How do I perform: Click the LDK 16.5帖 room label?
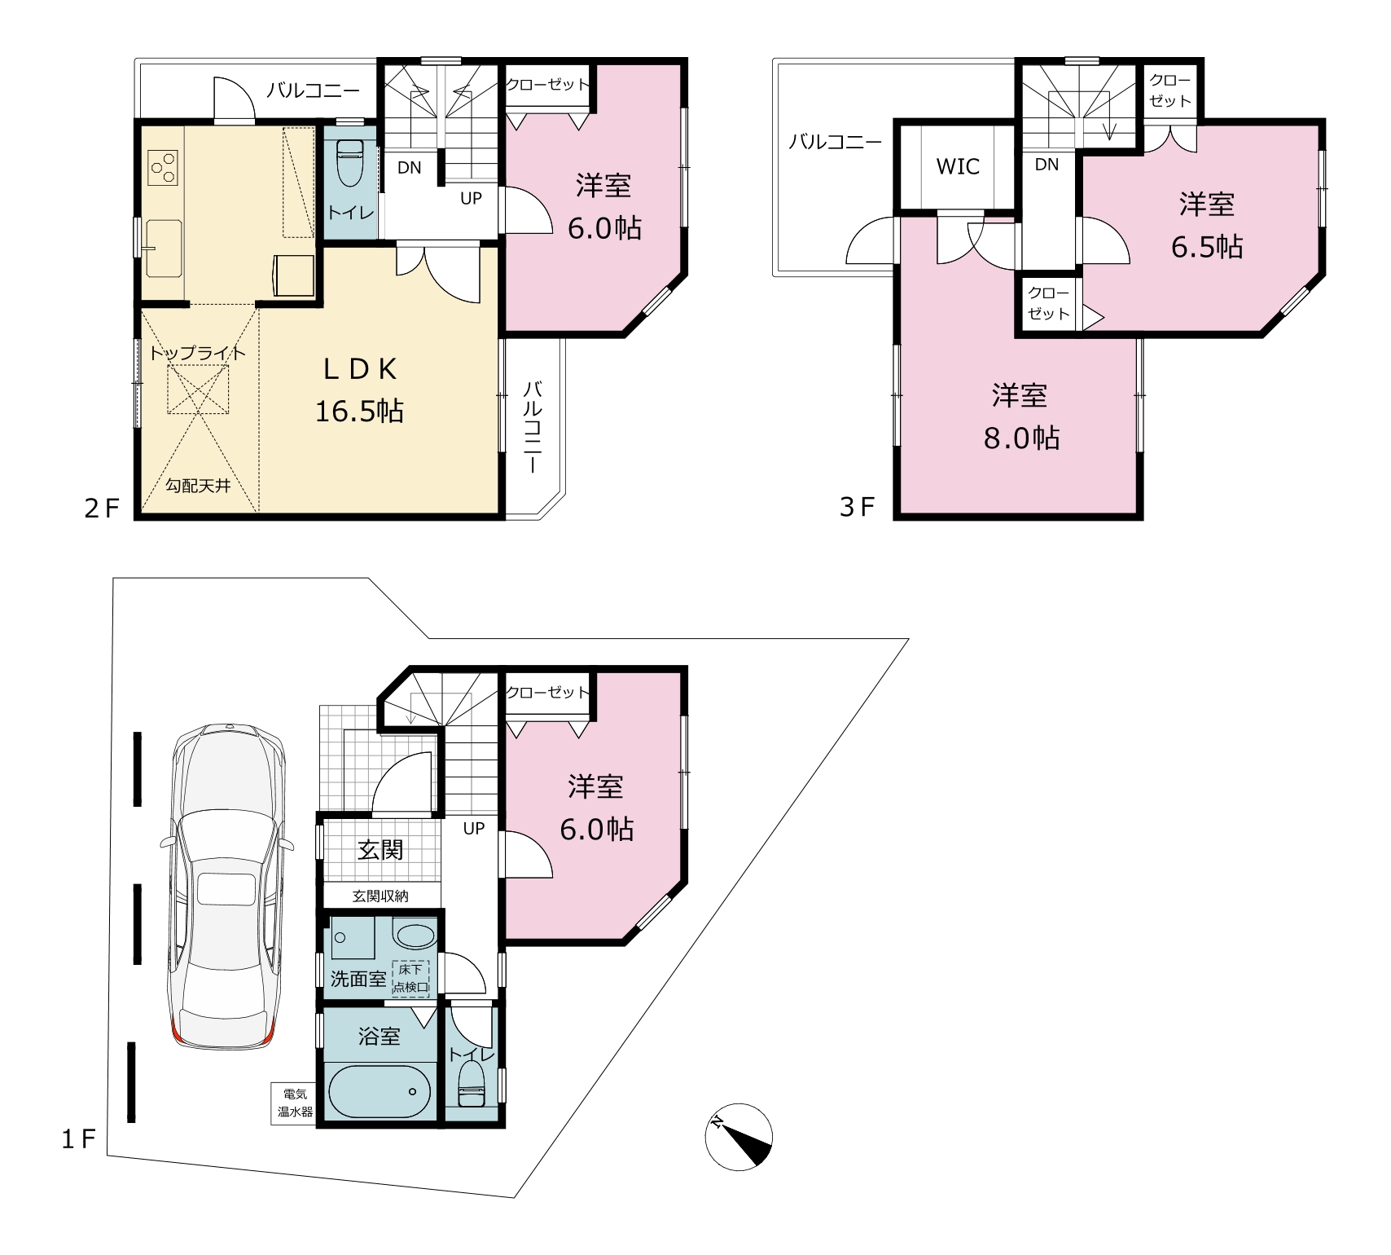(x=359, y=390)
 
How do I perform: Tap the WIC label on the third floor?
(x=958, y=167)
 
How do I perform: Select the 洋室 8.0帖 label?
(x=1020, y=417)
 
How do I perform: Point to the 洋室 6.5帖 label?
(x=1207, y=225)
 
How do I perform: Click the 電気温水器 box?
(x=294, y=1103)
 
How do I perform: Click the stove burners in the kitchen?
(x=163, y=167)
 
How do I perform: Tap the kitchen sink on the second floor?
(x=163, y=248)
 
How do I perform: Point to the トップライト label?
(x=197, y=353)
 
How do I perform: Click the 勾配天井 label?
(x=198, y=487)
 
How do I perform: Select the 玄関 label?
(x=381, y=850)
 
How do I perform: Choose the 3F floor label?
(x=857, y=507)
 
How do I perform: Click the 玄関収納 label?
(x=380, y=896)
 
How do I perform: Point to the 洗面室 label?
(x=358, y=979)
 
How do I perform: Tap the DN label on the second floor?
(x=410, y=168)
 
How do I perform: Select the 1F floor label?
(x=79, y=1138)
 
